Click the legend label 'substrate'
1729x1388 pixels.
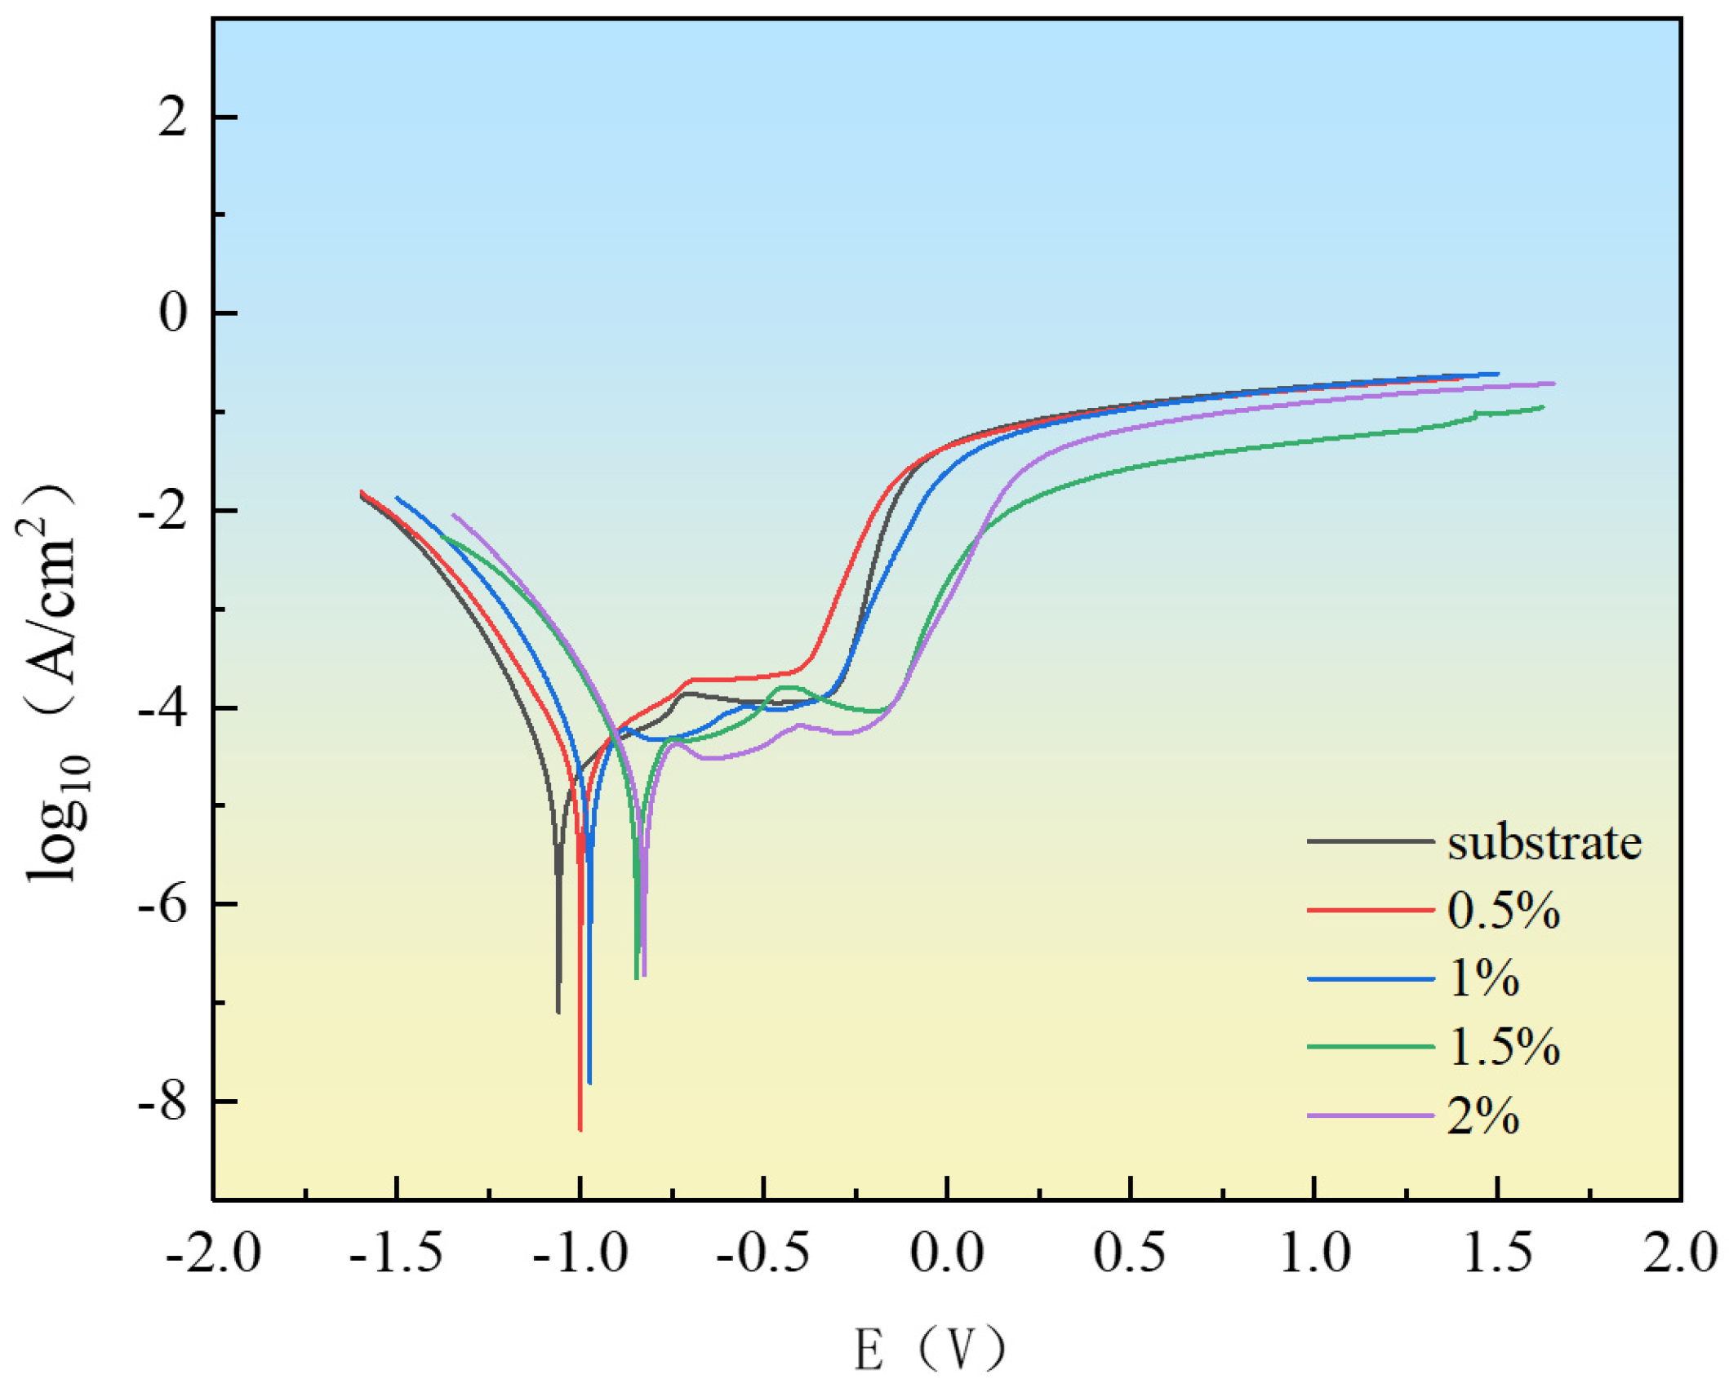tap(1543, 842)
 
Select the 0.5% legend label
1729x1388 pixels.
tap(1503, 910)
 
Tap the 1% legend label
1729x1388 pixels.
tap(1483, 978)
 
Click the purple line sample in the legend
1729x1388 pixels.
tap(1370, 1115)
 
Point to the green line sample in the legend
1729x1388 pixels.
tap(1370, 1046)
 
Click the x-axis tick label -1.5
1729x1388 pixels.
tap(396, 1253)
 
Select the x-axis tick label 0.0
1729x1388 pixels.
tap(947, 1253)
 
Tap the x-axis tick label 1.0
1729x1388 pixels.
tap(1313, 1253)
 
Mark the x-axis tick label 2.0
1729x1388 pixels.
tap(1680, 1253)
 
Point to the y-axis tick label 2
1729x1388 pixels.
tap(172, 118)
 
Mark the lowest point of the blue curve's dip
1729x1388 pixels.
tap(589, 1084)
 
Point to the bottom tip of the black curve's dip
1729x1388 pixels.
tap(558, 1013)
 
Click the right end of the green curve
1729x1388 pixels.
tap(1543, 406)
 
